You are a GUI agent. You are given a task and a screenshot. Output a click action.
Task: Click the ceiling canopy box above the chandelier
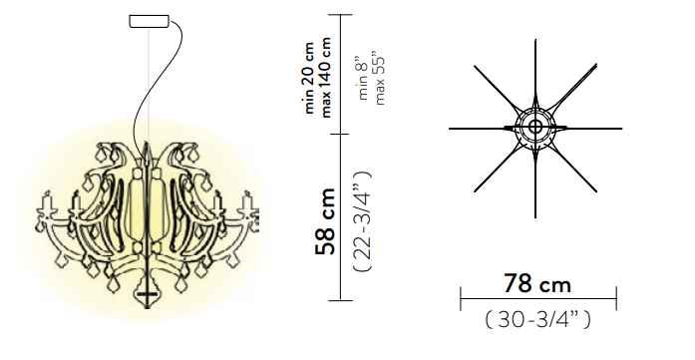149,21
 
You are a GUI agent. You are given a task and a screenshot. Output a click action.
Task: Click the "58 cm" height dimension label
325,221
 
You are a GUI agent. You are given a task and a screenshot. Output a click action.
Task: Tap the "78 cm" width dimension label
536,283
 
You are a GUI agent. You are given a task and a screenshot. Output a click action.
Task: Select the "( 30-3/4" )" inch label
538,319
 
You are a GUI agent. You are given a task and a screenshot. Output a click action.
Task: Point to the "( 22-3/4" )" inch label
363,220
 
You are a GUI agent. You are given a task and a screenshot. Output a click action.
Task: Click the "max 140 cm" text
326,77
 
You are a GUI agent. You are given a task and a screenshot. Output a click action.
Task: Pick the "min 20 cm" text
309,78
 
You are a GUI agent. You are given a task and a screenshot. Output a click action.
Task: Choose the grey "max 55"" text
380,81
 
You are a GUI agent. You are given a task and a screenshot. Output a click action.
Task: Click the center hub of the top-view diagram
535,128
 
